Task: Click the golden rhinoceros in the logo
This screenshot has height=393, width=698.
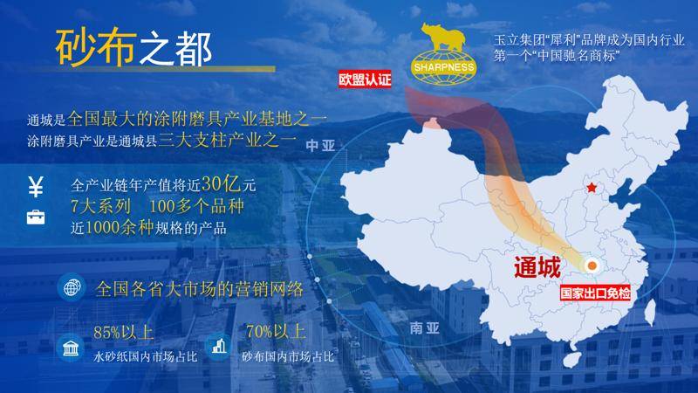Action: (x=443, y=37)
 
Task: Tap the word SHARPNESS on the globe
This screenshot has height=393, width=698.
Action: (x=444, y=68)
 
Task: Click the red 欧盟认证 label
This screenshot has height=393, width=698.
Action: (x=365, y=79)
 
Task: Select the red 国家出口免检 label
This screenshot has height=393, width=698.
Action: (x=595, y=293)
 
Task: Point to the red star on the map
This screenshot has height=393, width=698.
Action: (x=592, y=188)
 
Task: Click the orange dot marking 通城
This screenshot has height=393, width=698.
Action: (x=592, y=266)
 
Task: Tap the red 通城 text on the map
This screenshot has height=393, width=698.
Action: (x=537, y=267)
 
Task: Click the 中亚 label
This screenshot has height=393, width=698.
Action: (x=320, y=146)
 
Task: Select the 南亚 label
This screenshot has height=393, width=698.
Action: (x=424, y=328)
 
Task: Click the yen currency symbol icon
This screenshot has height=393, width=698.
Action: (x=36, y=187)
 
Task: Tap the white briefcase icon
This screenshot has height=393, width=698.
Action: (x=36, y=217)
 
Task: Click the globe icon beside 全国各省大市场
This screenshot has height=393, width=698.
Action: (x=72, y=288)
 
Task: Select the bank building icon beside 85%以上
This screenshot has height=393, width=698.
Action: (x=71, y=348)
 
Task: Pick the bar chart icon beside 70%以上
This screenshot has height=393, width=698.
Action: (x=219, y=347)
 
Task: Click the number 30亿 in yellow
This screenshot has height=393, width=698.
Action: (x=222, y=183)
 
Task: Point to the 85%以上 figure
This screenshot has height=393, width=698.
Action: (x=123, y=333)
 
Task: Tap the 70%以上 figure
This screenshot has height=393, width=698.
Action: (x=276, y=332)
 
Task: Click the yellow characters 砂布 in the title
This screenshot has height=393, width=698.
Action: (x=95, y=47)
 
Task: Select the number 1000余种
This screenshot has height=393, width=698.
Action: (x=119, y=228)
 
